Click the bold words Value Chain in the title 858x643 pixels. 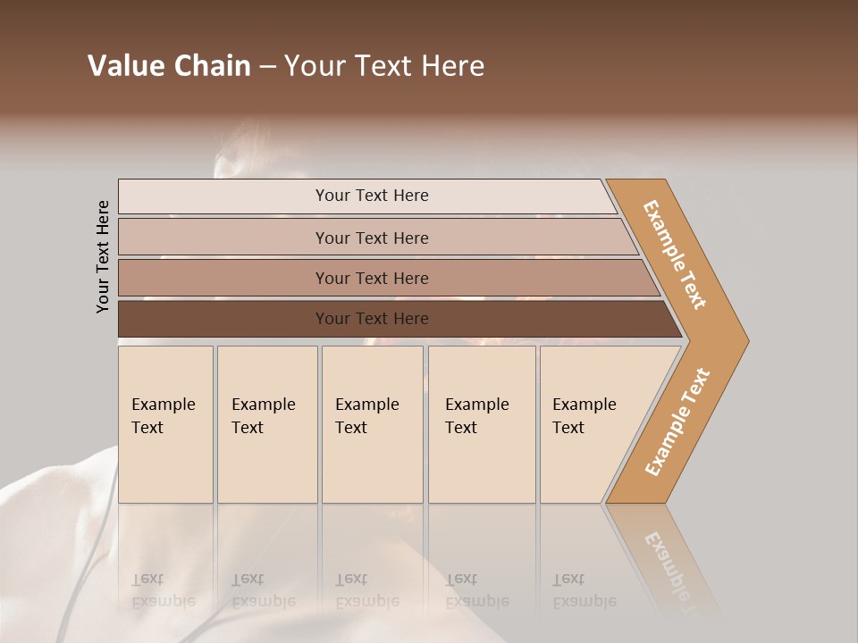pos(169,66)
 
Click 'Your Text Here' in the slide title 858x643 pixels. pos(384,66)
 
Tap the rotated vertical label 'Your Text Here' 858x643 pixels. pos(103,256)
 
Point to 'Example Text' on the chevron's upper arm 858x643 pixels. pos(675,255)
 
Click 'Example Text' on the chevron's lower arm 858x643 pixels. pos(677,422)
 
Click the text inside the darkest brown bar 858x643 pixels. pos(372,319)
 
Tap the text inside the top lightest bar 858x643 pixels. pos(372,196)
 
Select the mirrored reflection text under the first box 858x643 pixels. pos(163,590)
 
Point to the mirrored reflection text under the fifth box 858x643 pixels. pos(584,590)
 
